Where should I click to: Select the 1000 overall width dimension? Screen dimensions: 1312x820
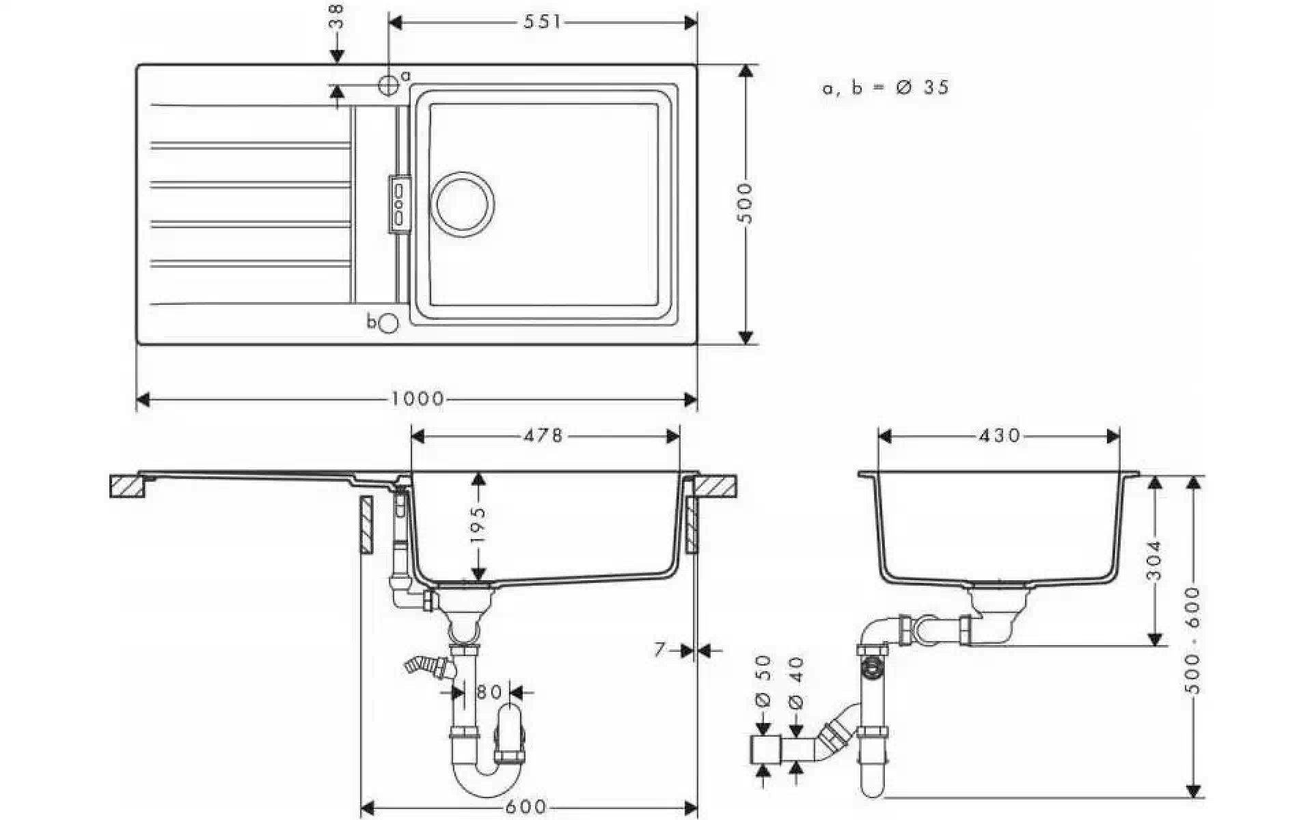click(418, 398)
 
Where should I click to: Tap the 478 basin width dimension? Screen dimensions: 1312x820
click(543, 435)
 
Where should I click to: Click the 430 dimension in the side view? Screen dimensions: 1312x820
click(999, 435)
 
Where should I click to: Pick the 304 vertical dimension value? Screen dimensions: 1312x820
click(1154, 560)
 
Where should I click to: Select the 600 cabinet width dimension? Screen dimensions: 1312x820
click(528, 807)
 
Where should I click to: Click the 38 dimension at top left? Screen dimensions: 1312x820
click(336, 16)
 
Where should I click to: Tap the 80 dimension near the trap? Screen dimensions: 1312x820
click(489, 692)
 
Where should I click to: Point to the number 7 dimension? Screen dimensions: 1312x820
click(659, 649)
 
